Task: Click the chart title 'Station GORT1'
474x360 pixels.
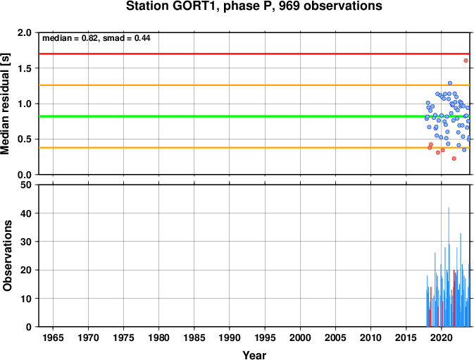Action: (x=171, y=6)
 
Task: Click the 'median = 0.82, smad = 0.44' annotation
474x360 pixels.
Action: (x=96, y=38)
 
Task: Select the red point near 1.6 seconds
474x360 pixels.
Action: (x=466, y=61)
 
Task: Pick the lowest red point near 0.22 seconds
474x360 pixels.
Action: (x=454, y=159)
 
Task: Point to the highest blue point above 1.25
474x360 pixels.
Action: (x=450, y=83)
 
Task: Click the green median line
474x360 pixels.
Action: (x=254, y=116)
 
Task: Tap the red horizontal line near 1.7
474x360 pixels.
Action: (x=254, y=54)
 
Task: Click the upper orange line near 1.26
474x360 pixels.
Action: (x=254, y=85)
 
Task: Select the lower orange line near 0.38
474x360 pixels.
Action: (x=254, y=147)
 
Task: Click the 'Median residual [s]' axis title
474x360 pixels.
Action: (x=6, y=104)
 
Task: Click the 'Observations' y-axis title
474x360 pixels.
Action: (x=7, y=256)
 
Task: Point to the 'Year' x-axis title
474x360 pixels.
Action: (x=254, y=355)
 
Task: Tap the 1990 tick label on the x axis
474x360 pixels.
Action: (x=230, y=337)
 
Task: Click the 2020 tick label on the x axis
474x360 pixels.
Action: (x=441, y=337)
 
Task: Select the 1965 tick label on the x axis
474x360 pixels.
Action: (x=54, y=337)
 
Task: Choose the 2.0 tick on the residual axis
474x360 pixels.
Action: (x=25, y=32)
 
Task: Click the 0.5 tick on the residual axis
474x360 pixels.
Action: (x=25, y=139)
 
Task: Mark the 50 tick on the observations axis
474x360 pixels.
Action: (x=26, y=185)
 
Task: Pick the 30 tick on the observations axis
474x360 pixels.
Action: (x=26, y=242)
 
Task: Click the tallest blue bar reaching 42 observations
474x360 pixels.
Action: (x=449, y=267)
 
